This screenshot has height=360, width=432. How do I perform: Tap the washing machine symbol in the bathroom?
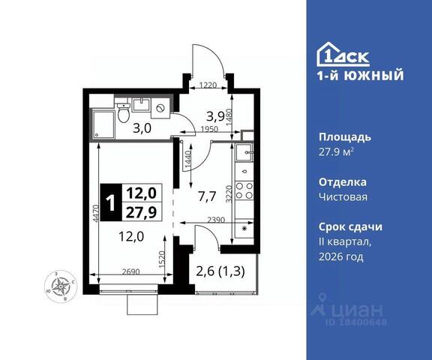click(x=160, y=109)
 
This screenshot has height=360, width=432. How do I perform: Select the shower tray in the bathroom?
click(x=103, y=124)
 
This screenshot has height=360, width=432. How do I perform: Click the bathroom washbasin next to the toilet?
click(x=141, y=105)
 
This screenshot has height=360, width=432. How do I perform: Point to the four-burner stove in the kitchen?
click(x=244, y=190)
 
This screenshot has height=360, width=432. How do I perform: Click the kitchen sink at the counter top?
click(x=244, y=151)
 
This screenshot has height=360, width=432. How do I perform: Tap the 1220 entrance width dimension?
click(x=208, y=85)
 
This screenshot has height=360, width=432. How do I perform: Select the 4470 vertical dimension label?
click(x=95, y=213)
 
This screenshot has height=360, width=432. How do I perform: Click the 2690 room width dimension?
click(x=130, y=271)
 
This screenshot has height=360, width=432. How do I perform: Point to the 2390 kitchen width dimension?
click(x=216, y=220)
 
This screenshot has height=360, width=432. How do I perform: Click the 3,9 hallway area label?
click(x=216, y=117)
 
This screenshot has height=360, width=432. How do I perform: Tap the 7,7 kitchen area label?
click(x=207, y=196)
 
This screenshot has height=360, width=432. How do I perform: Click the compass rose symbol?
click(x=61, y=286)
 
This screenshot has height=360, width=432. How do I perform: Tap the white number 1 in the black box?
click(x=111, y=202)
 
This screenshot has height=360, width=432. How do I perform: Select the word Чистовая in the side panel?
click(x=343, y=197)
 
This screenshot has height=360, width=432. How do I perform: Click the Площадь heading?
click(x=345, y=137)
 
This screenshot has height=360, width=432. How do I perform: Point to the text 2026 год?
click(x=341, y=257)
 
